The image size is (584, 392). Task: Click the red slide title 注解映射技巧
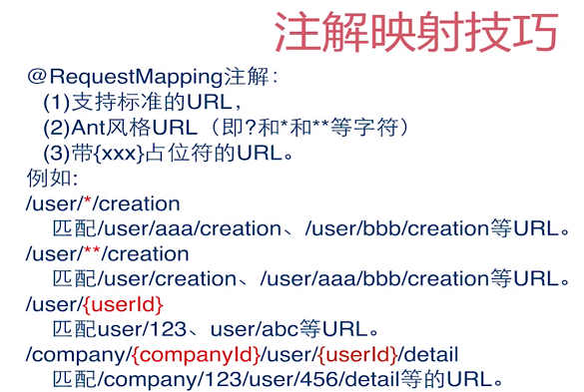414,32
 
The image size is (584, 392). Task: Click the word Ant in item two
92,128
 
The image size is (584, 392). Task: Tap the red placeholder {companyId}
196,354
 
